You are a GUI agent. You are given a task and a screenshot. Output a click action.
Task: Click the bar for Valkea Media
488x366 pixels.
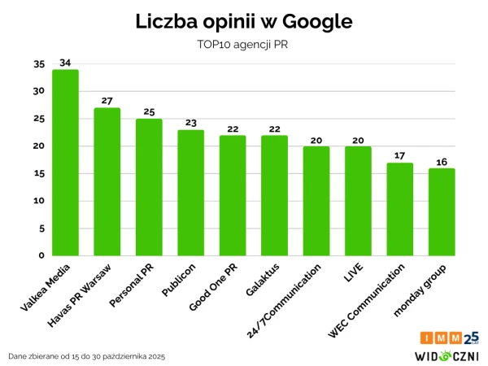pos(65,163)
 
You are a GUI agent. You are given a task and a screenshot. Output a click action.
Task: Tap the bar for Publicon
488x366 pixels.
pos(190,193)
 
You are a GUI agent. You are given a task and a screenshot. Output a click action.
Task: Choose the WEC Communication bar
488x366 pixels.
pos(399,209)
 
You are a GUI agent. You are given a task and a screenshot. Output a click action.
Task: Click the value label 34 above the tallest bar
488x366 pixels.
pos(65,63)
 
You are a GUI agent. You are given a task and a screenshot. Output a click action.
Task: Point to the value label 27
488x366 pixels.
pos(107,101)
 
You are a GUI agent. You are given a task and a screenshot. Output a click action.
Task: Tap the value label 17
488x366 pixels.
pos(399,155)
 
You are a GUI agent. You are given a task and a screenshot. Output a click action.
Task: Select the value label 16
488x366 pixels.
pos(442,161)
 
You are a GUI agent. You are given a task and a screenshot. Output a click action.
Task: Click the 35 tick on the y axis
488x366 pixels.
pos(39,63)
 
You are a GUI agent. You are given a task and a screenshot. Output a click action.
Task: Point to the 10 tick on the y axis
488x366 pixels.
pos(39,201)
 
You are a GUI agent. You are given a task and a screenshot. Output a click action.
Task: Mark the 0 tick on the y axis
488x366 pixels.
pos(41,255)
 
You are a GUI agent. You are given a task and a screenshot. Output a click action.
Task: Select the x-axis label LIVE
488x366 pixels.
pos(352,272)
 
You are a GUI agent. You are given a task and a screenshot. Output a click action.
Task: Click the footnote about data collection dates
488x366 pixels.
pos(86,356)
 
